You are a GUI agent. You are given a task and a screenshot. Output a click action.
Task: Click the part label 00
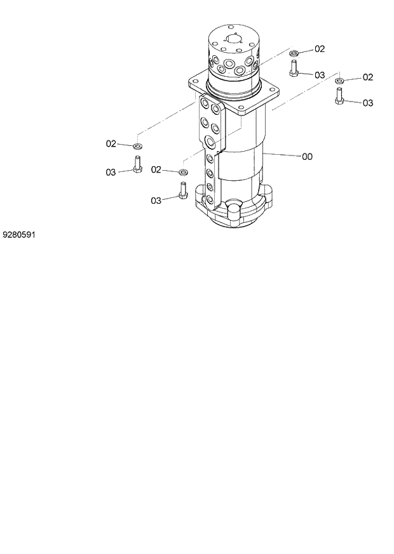click(x=306, y=156)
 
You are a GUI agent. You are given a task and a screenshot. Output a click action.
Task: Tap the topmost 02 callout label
click(x=319, y=49)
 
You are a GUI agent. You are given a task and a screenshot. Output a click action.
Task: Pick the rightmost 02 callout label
click(x=367, y=77)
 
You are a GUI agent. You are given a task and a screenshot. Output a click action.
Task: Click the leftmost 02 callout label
click(x=111, y=144)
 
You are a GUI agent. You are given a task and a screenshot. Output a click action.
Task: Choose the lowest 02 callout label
click(x=156, y=169)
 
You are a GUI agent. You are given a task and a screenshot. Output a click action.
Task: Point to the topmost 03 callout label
click(x=319, y=75)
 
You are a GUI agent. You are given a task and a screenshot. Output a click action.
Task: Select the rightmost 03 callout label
click(x=367, y=103)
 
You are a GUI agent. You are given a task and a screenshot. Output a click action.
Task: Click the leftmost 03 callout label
click(x=111, y=171)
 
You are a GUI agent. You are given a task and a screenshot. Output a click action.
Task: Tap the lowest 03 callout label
click(x=156, y=201)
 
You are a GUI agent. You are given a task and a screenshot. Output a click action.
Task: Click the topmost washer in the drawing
click(x=294, y=52)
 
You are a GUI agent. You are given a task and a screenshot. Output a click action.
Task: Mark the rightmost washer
click(x=340, y=80)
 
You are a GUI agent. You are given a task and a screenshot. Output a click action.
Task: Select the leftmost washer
click(x=137, y=147)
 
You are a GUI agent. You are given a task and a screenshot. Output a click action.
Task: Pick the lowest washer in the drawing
click(x=183, y=172)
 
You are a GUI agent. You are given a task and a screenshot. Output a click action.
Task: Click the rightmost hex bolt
click(x=339, y=97)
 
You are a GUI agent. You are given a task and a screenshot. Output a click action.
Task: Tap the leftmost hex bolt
click(x=137, y=165)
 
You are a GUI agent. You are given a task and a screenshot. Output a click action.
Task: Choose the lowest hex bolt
click(x=183, y=190)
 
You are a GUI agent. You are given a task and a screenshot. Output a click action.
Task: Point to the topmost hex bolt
click(x=294, y=68)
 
